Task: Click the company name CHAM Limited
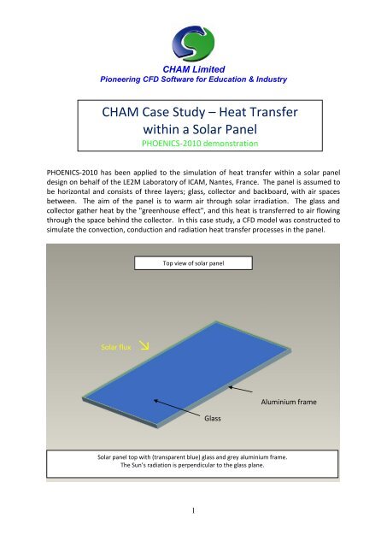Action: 193,69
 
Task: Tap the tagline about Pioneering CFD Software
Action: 193,79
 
